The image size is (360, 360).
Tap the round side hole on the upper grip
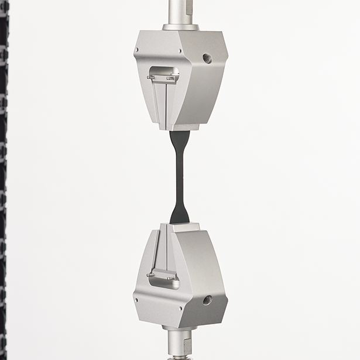207,59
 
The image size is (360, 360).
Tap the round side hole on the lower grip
207,300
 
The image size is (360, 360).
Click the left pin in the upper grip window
152,77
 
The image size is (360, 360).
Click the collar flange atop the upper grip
180,27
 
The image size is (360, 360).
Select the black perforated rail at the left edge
4,176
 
